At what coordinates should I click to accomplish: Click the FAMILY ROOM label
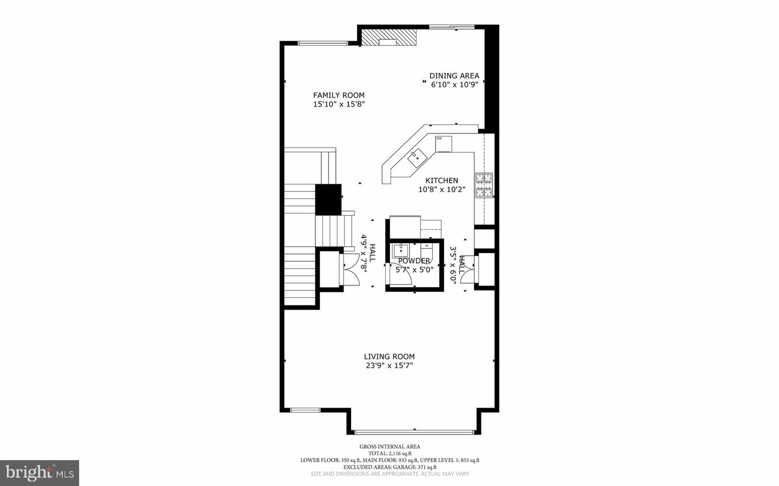click(339, 95)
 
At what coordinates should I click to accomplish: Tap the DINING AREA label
click(454, 76)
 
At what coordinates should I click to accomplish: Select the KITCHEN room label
click(441, 181)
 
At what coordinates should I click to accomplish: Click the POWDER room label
click(414, 261)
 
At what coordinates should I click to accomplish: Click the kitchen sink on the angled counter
click(417, 158)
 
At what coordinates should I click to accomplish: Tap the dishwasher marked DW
click(444, 144)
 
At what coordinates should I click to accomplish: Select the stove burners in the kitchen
click(484, 185)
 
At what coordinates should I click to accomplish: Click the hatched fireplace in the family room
click(389, 37)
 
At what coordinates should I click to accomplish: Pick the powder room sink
click(401, 250)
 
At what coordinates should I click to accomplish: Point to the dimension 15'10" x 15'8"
click(339, 104)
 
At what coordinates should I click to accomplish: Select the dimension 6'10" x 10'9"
click(454, 84)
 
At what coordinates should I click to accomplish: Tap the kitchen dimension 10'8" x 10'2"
click(441, 189)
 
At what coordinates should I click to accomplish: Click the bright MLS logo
click(39, 473)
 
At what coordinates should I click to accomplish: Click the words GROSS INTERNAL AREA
click(389, 447)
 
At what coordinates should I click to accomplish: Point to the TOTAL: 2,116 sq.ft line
click(389, 454)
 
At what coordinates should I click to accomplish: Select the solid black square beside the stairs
click(328, 199)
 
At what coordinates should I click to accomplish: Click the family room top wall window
click(323, 43)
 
